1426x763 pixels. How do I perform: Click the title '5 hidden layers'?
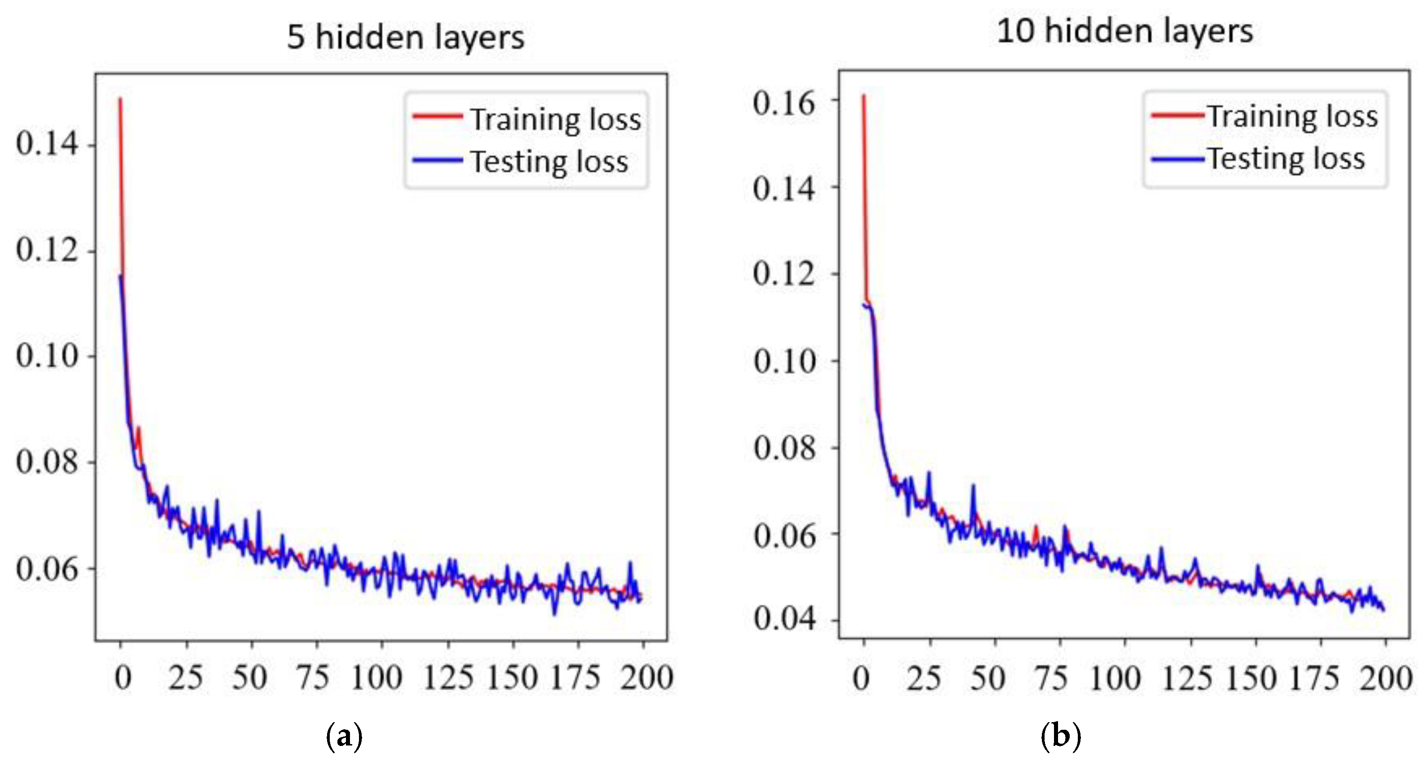pyautogui.click(x=405, y=38)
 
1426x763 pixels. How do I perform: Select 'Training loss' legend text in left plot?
pyautogui.click(x=556, y=119)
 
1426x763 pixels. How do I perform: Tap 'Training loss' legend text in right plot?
pyautogui.click(x=1293, y=117)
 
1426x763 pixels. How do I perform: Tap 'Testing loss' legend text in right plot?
pyautogui.click(x=1286, y=159)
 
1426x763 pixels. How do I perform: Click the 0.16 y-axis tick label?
pyautogui.click(x=784, y=103)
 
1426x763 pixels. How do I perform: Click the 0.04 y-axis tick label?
pyautogui.click(x=784, y=618)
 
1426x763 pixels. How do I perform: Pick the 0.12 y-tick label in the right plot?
pyautogui.click(x=784, y=274)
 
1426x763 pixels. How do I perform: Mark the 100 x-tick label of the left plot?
pyautogui.click(x=376, y=678)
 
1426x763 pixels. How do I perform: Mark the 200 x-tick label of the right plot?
pyautogui.click(x=1386, y=678)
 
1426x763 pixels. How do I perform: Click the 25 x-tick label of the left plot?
pyautogui.click(x=186, y=678)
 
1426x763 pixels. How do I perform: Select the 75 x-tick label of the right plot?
pyautogui.click(x=1051, y=678)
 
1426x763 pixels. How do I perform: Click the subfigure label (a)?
pyautogui.click(x=344, y=737)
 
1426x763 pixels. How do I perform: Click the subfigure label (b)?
pyautogui.click(x=1061, y=737)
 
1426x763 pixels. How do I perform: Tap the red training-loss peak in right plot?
pyautogui.click(x=864, y=97)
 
